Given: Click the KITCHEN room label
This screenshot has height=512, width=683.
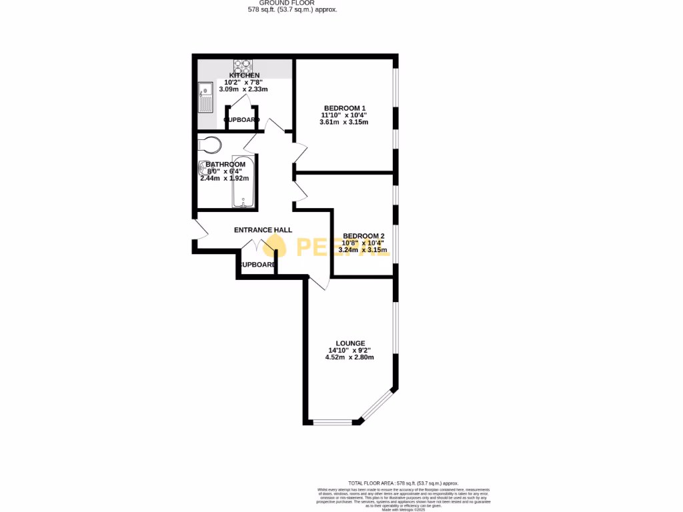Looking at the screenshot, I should click(x=244, y=75).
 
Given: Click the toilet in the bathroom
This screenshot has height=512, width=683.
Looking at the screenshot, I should click(x=209, y=145).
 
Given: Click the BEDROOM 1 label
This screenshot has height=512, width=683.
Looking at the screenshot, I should click(x=345, y=108).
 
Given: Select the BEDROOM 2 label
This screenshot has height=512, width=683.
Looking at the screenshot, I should click(x=364, y=235).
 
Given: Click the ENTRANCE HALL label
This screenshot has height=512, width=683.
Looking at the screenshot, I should click(x=263, y=230).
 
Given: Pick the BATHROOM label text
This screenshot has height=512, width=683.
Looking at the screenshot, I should click(x=225, y=164).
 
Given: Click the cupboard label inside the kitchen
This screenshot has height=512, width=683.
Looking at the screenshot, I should click(x=241, y=120).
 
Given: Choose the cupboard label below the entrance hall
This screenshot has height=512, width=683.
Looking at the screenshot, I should click(x=257, y=265).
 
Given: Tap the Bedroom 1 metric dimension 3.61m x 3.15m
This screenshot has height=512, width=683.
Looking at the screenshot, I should click(x=344, y=122).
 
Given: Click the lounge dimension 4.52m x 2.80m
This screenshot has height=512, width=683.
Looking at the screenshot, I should click(x=350, y=357).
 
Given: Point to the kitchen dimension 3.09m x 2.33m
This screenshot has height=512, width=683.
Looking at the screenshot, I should click(x=243, y=89).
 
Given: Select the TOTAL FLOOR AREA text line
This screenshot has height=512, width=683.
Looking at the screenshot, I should click(x=404, y=483).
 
